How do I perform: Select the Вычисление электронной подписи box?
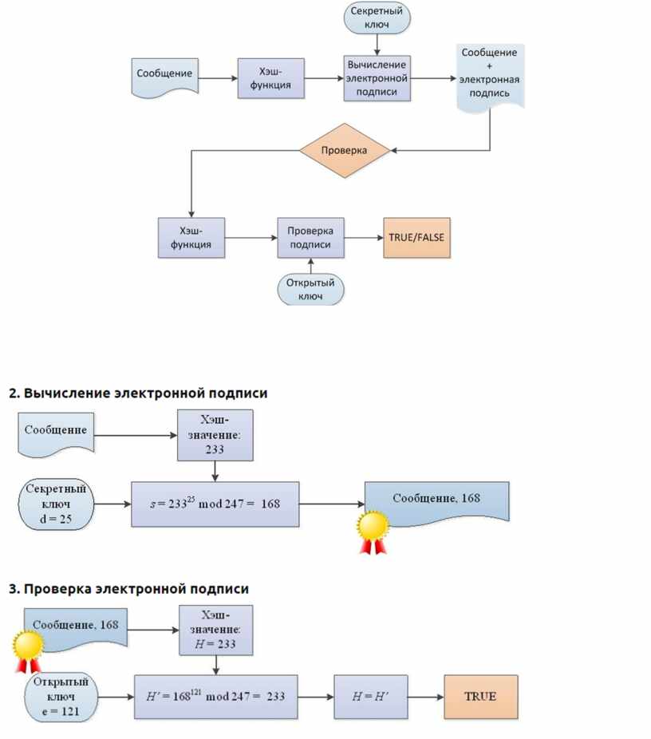(377, 78)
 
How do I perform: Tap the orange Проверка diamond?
(344, 150)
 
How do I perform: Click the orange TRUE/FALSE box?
(416, 237)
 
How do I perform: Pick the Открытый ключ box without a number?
(311, 289)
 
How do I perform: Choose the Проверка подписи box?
(310, 237)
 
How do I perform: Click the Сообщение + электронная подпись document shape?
(490, 76)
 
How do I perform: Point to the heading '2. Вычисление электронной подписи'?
(138, 393)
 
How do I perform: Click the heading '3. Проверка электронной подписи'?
(128, 589)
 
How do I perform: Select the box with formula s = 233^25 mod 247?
(215, 504)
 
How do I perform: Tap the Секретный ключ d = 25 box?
(55, 504)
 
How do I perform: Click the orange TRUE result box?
(480, 697)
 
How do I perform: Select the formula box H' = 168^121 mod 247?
(215, 697)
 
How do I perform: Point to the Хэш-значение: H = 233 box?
(215, 630)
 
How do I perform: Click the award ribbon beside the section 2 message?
(373, 532)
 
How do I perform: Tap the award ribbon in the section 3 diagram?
(29, 650)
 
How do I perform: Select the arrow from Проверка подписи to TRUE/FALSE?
(363, 237)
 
